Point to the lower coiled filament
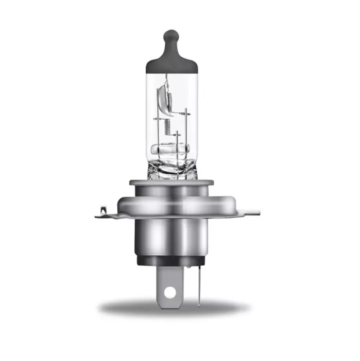pos(168,126)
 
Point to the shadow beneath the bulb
pos(170,308)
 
